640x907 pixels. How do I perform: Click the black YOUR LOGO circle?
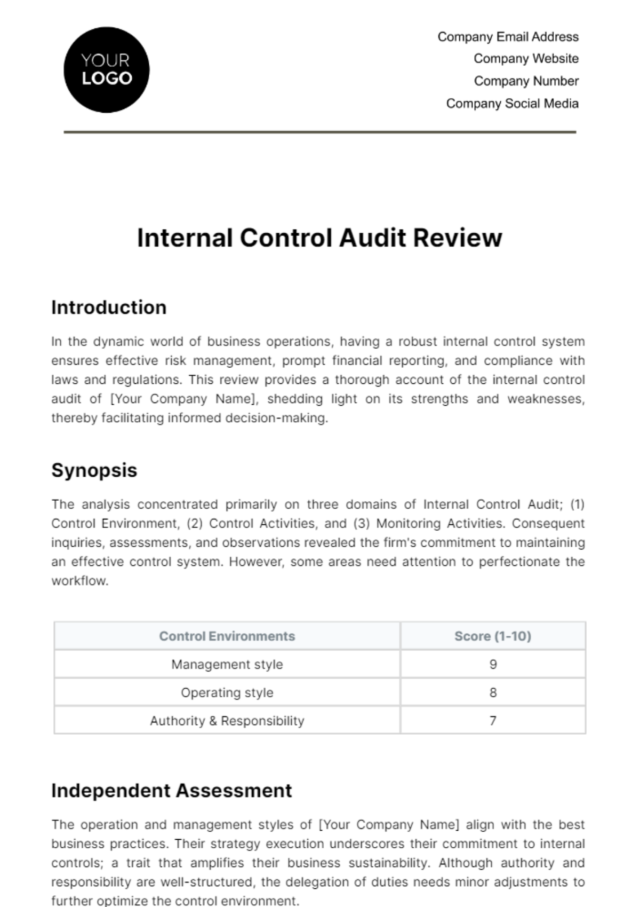point(107,70)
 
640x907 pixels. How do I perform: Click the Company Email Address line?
point(508,37)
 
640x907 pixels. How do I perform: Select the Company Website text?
point(526,59)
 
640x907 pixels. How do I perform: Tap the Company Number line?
point(526,81)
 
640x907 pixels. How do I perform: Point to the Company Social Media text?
point(512,104)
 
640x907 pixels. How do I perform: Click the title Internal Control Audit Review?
point(319,238)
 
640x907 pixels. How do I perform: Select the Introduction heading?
point(109,307)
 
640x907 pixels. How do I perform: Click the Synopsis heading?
point(94,470)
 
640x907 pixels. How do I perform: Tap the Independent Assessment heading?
point(171,791)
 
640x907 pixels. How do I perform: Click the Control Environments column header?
point(227,636)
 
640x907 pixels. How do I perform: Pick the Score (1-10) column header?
point(492,636)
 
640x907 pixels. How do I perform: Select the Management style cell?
point(227,665)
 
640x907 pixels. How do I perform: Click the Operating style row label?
point(227,693)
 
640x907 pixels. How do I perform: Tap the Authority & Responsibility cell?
point(227,721)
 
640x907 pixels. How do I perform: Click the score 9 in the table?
point(493,665)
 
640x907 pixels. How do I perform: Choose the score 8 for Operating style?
point(493,693)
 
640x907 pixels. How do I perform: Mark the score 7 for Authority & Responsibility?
point(493,721)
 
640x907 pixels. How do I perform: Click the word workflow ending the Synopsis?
point(79,581)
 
